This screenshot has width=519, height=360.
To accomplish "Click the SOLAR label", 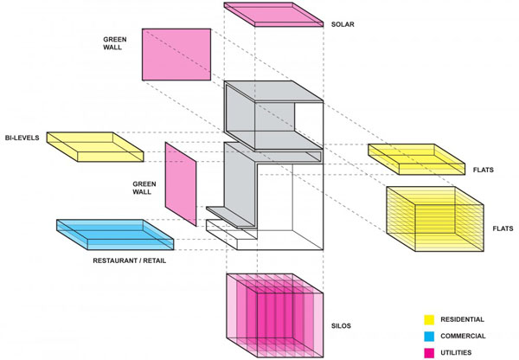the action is click(x=343, y=24).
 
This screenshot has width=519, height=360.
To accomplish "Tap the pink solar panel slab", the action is click(x=273, y=14).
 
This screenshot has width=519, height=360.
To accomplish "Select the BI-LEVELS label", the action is click(x=22, y=138).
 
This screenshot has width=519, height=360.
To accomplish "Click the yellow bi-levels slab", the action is click(x=95, y=147).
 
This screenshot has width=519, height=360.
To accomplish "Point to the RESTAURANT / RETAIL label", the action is click(x=130, y=260).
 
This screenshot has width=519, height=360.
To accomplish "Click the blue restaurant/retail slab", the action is click(x=115, y=235).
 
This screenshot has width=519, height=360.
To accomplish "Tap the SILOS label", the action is click(x=341, y=326).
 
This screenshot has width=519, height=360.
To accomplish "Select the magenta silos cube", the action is click(x=275, y=315).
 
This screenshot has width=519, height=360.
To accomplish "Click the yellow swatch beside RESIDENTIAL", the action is click(x=429, y=319).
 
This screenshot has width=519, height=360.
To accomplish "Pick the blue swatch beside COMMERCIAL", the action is click(x=429, y=336).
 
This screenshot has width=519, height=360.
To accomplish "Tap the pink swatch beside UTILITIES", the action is click(x=429, y=353).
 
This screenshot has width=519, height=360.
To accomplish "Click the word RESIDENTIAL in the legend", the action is click(x=462, y=319).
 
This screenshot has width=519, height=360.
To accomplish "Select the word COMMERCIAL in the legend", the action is click(x=463, y=336).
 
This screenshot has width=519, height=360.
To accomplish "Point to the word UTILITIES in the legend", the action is click(x=456, y=353).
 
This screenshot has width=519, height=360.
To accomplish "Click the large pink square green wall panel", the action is click(x=176, y=55).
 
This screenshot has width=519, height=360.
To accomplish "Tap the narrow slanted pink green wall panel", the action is click(x=181, y=184).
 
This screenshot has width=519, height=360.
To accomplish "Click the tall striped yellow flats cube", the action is click(x=435, y=219).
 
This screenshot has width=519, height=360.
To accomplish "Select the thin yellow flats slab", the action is click(x=416, y=159).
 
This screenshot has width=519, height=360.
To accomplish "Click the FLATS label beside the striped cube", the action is click(x=503, y=228).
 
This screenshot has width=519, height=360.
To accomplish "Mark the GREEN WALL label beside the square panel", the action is click(x=114, y=43).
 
